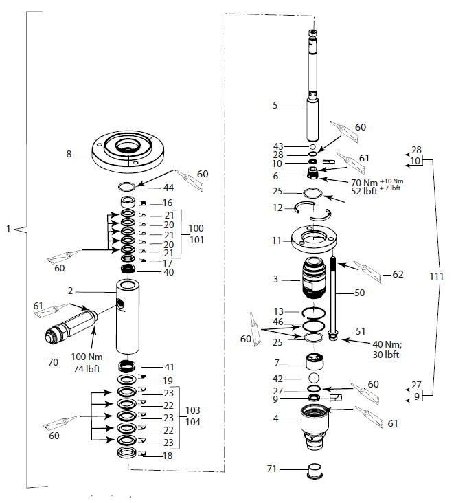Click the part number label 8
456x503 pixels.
pyautogui.click(x=69, y=155)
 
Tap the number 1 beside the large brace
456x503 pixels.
pyautogui.click(x=8, y=228)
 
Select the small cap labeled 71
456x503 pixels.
pyautogui.click(x=313, y=471)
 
